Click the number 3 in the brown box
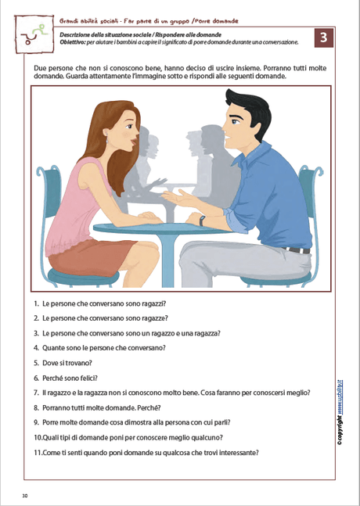(x=323, y=38)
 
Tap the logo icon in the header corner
(x=34, y=34)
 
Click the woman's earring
(x=107, y=140)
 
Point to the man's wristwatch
(x=202, y=221)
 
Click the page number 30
(x=25, y=496)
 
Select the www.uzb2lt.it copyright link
(x=340, y=397)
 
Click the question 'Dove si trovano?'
(x=63, y=363)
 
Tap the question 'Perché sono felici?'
(x=66, y=378)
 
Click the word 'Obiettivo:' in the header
(x=71, y=42)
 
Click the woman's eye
(x=128, y=126)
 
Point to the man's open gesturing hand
(x=178, y=198)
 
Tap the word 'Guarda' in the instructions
(x=45, y=77)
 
